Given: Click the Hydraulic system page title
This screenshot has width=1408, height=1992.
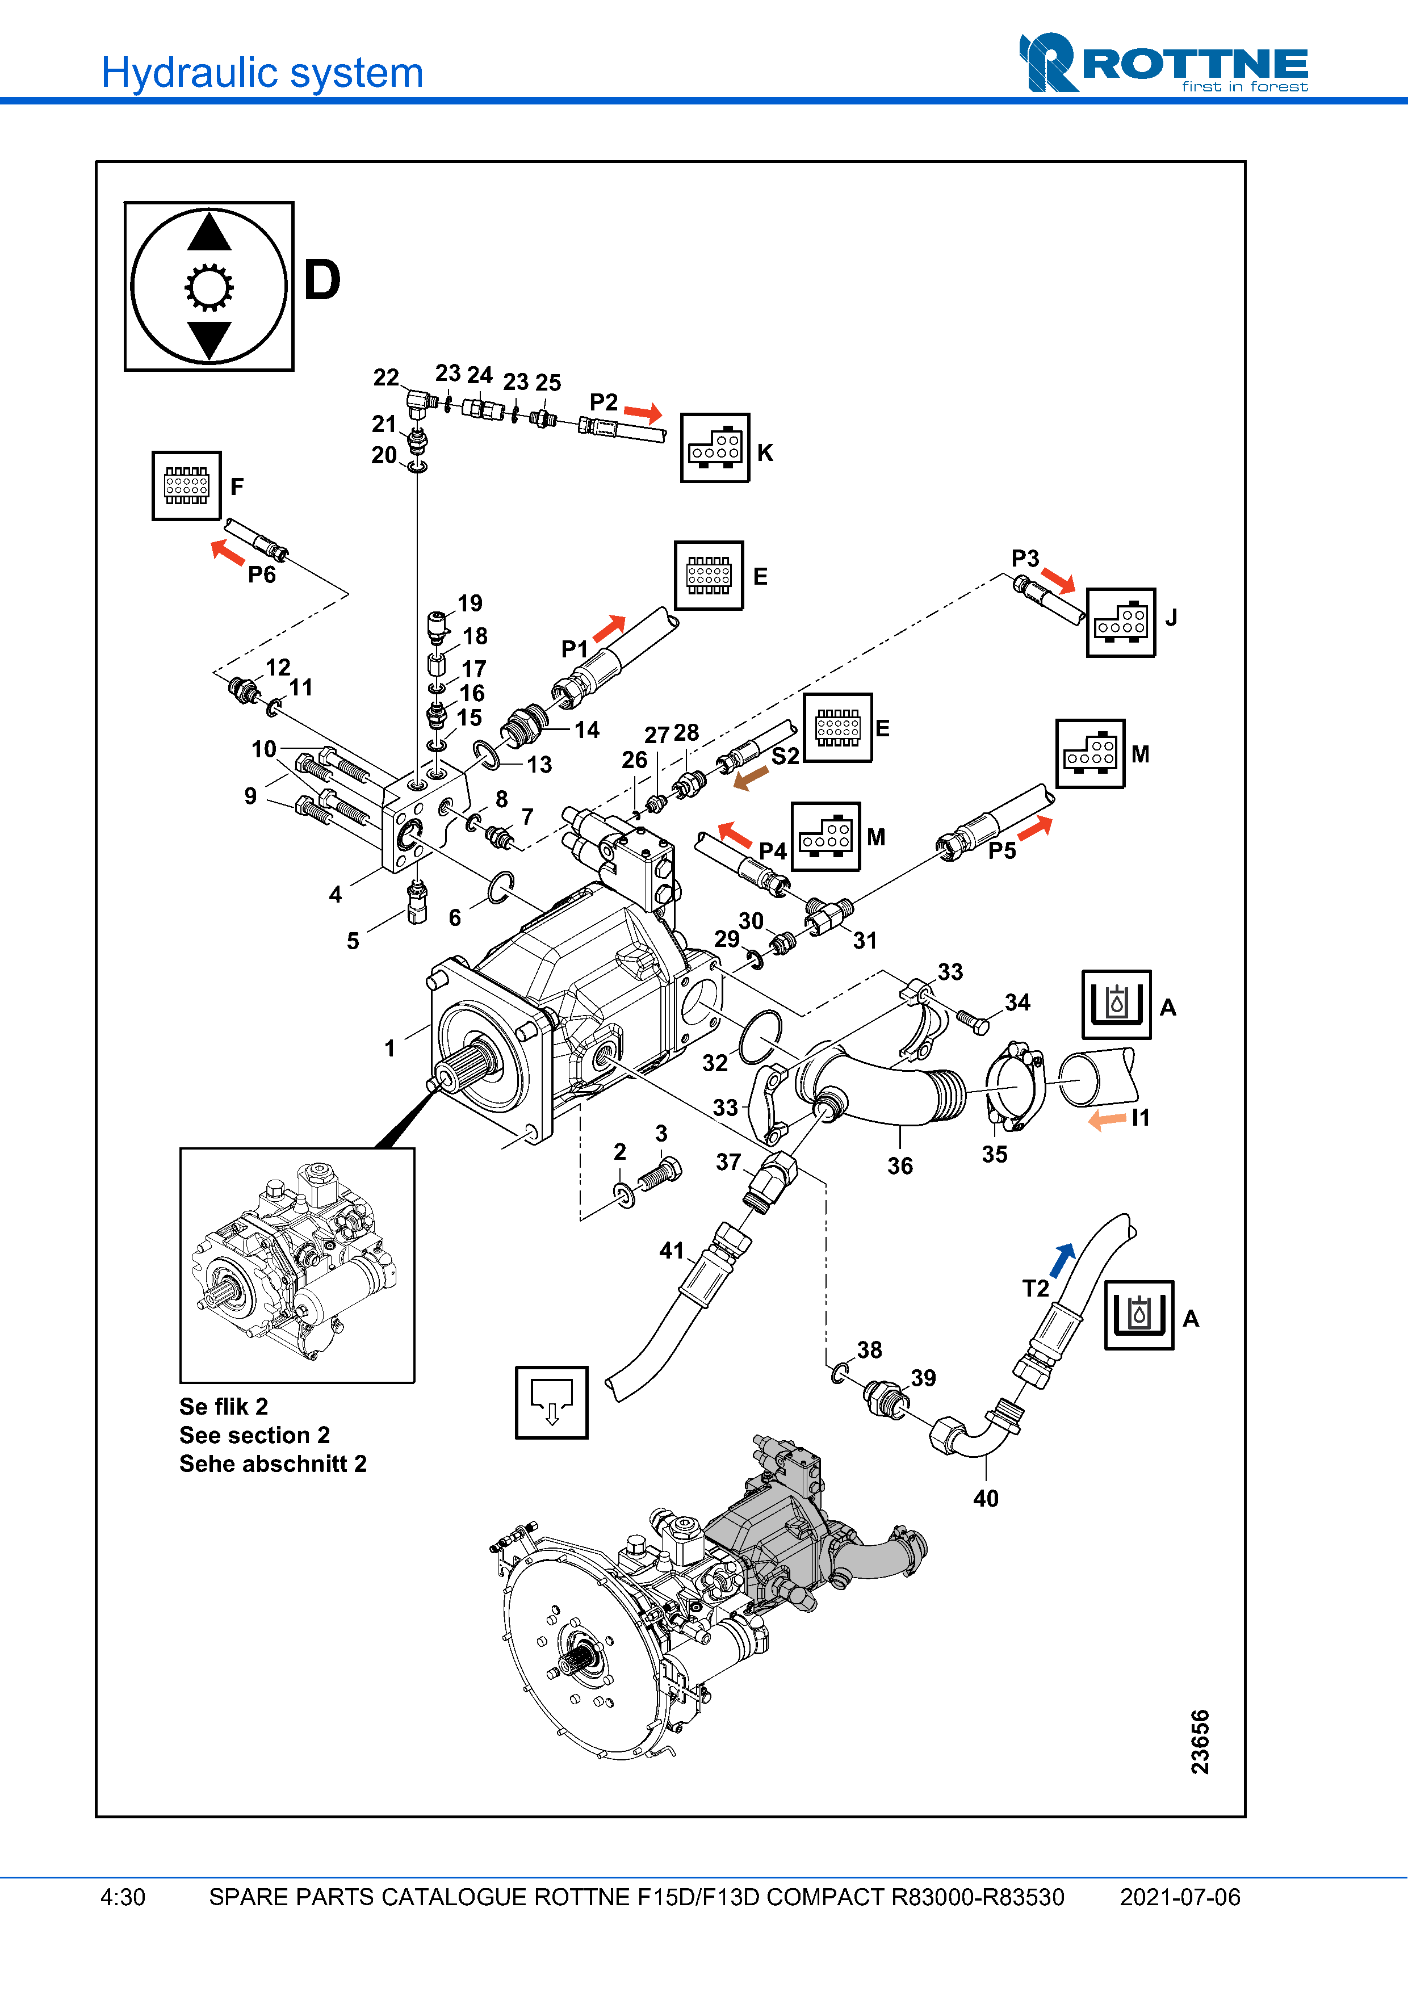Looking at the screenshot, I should tap(262, 72).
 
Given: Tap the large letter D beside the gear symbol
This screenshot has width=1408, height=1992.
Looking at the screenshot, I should tap(322, 280).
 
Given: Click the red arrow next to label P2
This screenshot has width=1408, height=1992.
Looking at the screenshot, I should tap(643, 412).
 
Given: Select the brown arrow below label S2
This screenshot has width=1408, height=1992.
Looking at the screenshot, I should tap(751, 777).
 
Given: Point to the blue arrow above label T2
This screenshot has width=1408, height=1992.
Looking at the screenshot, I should tap(1063, 1259).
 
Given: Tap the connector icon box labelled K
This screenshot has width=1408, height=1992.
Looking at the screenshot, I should tap(715, 448).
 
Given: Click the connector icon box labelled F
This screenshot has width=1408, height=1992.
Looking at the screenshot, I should tap(187, 486).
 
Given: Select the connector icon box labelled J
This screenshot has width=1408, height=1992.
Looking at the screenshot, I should tap(1120, 623).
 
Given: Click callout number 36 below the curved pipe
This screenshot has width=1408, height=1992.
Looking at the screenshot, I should tap(900, 1166).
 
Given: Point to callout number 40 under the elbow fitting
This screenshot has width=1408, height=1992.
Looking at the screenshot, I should tap(986, 1498).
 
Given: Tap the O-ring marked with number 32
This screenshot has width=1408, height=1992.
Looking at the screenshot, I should tap(760, 1037).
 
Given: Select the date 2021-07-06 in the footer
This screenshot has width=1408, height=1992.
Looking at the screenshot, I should tap(1180, 1897).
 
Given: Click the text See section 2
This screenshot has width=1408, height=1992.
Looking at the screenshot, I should tap(254, 1435).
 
